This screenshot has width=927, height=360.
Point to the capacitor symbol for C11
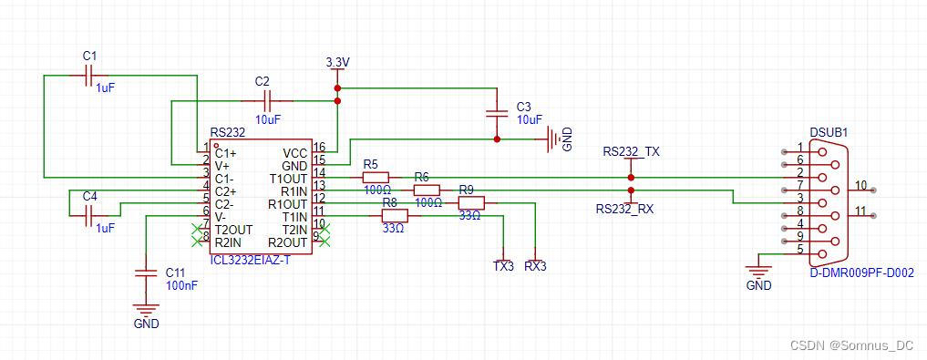click(144, 273)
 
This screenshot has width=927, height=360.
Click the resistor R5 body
click(376, 178)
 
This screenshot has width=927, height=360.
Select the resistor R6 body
click(427, 190)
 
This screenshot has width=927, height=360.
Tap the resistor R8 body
click(394, 216)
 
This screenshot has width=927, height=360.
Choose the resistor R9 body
click(470, 203)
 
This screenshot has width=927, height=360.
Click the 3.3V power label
click(337, 62)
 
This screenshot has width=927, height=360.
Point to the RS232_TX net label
click(631, 152)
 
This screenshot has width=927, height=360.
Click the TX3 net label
click(503, 267)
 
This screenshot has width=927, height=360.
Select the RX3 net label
click(535, 267)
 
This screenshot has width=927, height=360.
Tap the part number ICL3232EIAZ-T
click(251, 260)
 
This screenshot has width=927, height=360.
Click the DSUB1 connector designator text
click(829, 132)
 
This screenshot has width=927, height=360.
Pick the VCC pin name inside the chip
click(294, 153)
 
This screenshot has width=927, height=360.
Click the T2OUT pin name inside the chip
click(233, 230)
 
